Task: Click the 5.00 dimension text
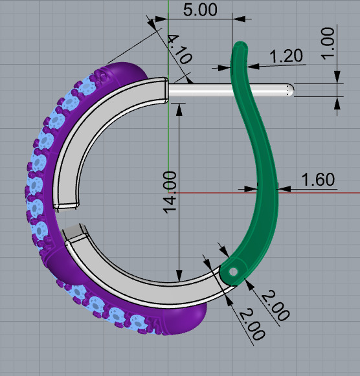[x=199, y=10]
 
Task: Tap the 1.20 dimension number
[x=286, y=56]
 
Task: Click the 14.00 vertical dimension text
[x=169, y=192]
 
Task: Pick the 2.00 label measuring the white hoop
[x=250, y=325]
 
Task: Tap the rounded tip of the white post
[x=291, y=90]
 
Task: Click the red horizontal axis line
[x=324, y=192]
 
